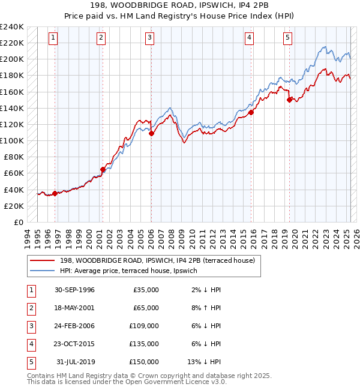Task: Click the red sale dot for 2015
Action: coord(251,112)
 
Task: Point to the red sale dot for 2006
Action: coord(151,133)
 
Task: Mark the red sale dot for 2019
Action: coord(289,100)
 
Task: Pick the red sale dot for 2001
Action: coord(103,169)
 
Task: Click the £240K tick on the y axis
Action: coord(12,27)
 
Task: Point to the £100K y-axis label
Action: coord(12,140)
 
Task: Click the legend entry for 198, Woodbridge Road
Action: coord(157,260)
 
